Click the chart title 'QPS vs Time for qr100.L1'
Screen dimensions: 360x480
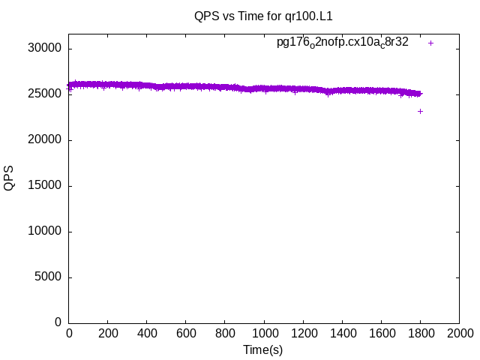(263, 15)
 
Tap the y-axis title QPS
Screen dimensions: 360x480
(9, 178)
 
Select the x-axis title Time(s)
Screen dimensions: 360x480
(263, 349)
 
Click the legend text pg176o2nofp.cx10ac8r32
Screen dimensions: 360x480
(343, 43)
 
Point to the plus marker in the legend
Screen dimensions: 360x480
(430, 43)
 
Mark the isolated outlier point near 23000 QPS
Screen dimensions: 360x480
(420, 111)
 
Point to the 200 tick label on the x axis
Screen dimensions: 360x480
(108, 334)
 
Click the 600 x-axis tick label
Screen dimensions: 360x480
(186, 334)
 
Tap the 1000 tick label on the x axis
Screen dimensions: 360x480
(264, 334)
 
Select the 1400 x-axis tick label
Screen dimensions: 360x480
(342, 334)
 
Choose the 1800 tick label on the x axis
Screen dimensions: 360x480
(420, 334)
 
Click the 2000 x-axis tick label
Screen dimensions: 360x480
(459, 334)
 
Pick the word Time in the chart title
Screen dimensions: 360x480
(250, 15)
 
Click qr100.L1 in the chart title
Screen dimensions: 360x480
(309, 15)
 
